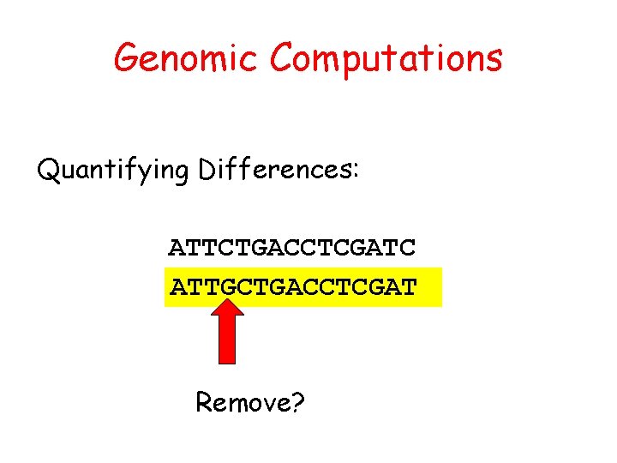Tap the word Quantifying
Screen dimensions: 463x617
click(x=113, y=171)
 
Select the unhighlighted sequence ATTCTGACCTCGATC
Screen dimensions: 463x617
click(x=292, y=248)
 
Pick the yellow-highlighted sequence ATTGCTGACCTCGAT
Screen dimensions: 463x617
click(x=293, y=286)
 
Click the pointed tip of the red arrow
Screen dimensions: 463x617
click(x=227, y=300)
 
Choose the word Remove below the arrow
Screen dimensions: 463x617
click(x=242, y=400)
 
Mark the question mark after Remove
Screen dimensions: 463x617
click(x=297, y=400)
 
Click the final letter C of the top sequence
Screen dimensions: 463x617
click(x=407, y=248)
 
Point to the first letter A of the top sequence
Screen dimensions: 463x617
click(x=177, y=248)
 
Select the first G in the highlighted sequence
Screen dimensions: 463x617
click(x=227, y=286)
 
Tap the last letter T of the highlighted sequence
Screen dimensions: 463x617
click(x=408, y=286)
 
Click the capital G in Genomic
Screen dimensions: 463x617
click(x=127, y=58)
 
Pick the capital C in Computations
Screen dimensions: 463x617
click(x=283, y=58)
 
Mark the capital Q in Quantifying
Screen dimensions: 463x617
click(x=50, y=170)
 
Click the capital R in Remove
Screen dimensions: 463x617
click(x=205, y=400)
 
